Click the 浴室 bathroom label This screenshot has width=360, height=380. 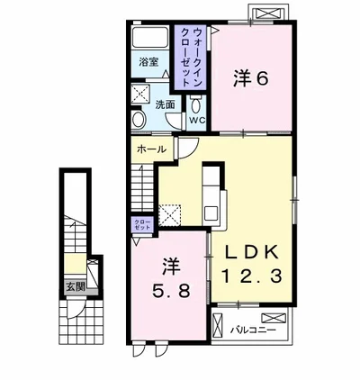pyautogui.click(x=148, y=62)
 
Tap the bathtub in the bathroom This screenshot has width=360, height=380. pyautogui.click(x=150, y=37)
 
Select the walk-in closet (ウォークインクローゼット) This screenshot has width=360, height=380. pyautogui.click(x=190, y=58)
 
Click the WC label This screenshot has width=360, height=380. pyautogui.click(x=197, y=120)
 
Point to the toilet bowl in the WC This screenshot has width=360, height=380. pyautogui.click(x=196, y=104)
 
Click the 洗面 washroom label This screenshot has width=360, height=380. pyautogui.click(x=165, y=104)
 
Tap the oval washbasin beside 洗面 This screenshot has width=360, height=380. pyautogui.click(x=139, y=119)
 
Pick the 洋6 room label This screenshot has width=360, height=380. pyautogui.click(x=250, y=79)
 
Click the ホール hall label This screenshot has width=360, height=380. pyautogui.click(x=151, y=149)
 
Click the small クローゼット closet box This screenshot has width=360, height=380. pyautogui.click(x=142, y=224)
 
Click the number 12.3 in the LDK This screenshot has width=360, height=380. pyautogui.click(x=251, y=276)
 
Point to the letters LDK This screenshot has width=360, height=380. pyautogui.click(x=251, y=253)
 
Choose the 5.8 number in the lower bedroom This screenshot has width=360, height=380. pyautogui.click(x=171, y=290)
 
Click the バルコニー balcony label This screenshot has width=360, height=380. pyautogui.click(x=253, y=330)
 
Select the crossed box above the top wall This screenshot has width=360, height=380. pyautogui.click(x=268, y=14)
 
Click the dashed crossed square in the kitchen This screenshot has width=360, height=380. pyautogui.click(x=170, y=215)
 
